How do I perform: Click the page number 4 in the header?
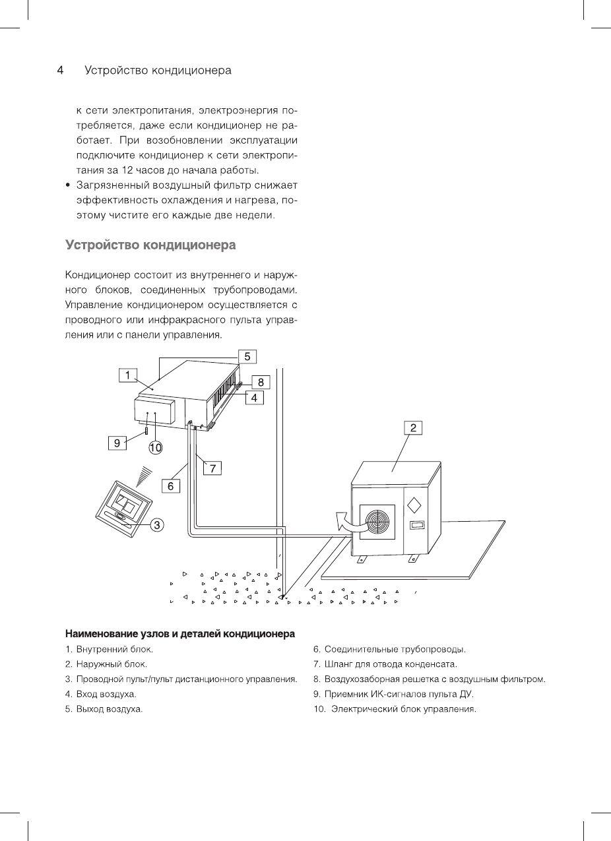pyautogui.click(x=59, y=71)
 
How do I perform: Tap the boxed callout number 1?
pyautogui.click(x=127, y=376)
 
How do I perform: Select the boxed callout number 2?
pyautogui.click(x=413, y=427)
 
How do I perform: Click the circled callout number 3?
pyautogui.click(x=157, y=524)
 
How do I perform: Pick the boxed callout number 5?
pyautogui.click(x=247, y=357)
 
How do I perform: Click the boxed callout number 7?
pyautogui.click(x=212, y=468)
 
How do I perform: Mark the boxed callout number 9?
pyautogui.click(x=117, y=443)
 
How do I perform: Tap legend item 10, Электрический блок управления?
pyautogui.click(x=395, y=710)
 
